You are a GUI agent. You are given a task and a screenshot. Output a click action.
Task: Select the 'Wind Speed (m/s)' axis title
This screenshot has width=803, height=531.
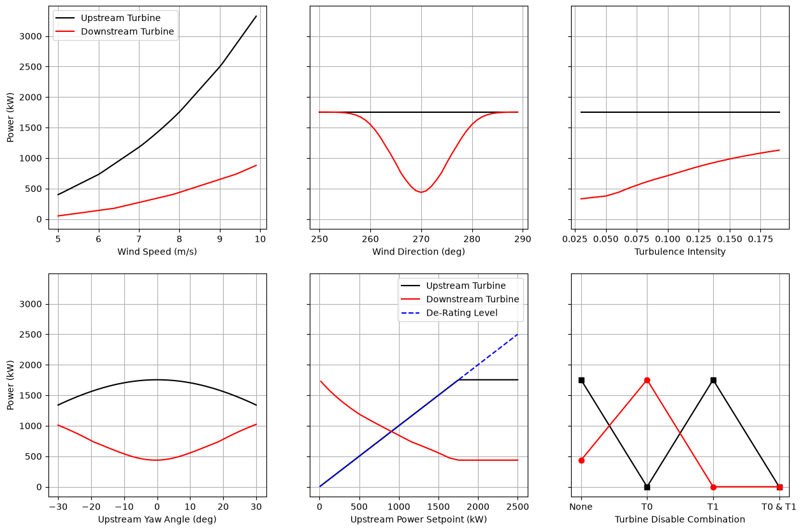[x=157, y=252]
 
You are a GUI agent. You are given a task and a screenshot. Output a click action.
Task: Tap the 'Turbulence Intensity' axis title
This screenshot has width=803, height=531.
[x=680, y=252]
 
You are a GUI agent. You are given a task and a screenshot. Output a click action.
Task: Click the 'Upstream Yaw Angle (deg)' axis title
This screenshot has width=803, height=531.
[x=157, y=520]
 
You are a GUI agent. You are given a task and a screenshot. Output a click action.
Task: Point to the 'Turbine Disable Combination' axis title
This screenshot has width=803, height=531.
[x=680, y=520]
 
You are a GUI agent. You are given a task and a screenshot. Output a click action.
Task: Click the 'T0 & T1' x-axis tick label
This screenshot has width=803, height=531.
[x=779, y=507]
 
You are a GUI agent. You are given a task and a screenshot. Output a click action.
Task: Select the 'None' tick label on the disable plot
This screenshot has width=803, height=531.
[x=581, y=507]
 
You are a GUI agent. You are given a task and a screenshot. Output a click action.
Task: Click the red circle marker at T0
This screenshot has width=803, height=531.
[x=647, y=381]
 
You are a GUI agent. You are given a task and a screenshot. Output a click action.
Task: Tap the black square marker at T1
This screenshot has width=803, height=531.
[x=713, y=381]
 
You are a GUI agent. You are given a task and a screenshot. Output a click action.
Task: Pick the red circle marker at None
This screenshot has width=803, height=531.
[x=581, y=460]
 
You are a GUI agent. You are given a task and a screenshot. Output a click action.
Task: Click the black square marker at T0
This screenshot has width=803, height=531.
[x=647, y=487]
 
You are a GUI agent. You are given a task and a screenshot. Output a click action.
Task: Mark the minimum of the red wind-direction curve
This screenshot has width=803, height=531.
[x=421, y=193]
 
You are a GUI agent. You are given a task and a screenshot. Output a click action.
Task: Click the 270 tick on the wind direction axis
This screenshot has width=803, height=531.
[x=421, y=239]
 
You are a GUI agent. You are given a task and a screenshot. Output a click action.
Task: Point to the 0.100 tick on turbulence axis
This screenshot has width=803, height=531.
[x=668, y=239]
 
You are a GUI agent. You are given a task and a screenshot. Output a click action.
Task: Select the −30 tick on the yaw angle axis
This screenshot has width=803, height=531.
[x=58, y=507]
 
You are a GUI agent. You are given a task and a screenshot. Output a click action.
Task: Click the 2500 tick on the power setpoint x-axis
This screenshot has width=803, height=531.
[x=517, y=507]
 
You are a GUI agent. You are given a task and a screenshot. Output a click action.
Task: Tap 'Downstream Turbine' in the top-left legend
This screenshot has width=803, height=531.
[x=127, y=31]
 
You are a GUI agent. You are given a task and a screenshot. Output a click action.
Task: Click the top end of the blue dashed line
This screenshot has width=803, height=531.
[x=517, y=335]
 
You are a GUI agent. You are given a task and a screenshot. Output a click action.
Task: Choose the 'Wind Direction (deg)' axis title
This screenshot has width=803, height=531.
[x=419, y=252]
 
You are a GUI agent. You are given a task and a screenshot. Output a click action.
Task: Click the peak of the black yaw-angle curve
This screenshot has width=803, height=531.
[x=157, y=380]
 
